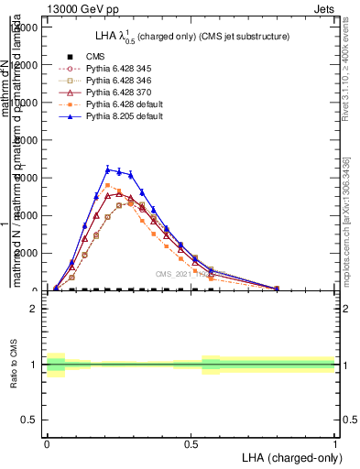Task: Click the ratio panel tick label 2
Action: pos(34,309)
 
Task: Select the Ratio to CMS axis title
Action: pos(14,365)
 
